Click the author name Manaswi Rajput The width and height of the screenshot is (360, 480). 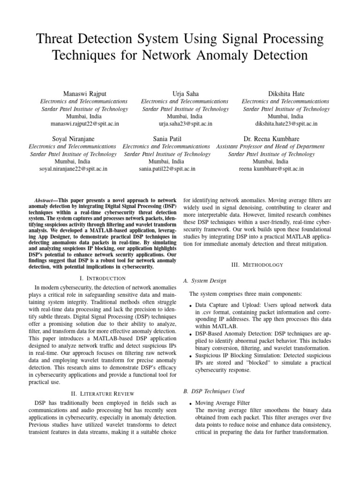coord(84,94)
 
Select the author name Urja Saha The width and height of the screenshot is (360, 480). coord(185,94)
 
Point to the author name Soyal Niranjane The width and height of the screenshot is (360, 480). coord(73,139)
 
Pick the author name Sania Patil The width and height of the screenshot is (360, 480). coord(167,139)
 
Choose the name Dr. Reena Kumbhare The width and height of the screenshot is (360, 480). coord(271,139)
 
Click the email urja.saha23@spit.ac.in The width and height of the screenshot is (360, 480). coord(185,124)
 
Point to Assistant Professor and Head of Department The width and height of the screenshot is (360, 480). coord(270,147)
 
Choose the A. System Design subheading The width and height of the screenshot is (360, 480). coord(204,281)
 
